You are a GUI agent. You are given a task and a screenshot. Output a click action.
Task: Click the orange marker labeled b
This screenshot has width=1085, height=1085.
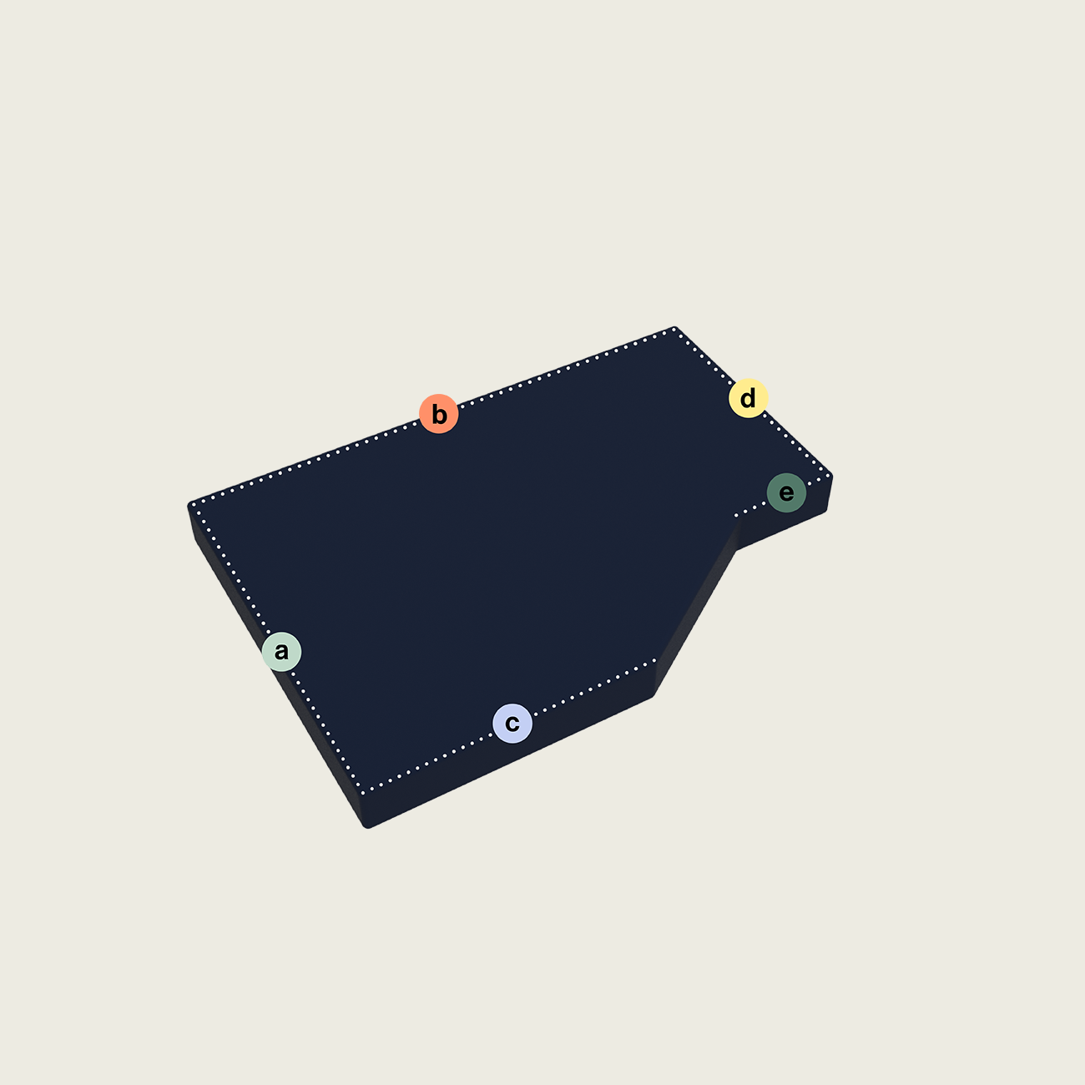(x=439, y=414)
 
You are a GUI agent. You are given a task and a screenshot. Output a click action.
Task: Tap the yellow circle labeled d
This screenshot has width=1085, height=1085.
(x=749, y=398)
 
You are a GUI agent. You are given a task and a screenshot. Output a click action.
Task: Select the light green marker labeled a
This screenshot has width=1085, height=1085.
(x=281, y=652)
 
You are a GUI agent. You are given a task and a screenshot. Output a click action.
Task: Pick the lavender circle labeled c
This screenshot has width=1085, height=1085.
(x=512, y=724)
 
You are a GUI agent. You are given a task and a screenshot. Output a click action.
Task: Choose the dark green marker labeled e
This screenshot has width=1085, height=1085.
(x=786, y=492)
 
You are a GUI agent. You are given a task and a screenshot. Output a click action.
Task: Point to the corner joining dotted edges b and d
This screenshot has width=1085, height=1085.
(x=674, y=331)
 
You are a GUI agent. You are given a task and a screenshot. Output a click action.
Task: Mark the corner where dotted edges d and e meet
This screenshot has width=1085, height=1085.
(x=829, y=477)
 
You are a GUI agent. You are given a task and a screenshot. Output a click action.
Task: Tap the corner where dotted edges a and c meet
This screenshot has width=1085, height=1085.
(x=363, y=793)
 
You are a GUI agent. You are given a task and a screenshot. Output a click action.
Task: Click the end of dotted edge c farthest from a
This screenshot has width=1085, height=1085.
(x=655, y=660)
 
